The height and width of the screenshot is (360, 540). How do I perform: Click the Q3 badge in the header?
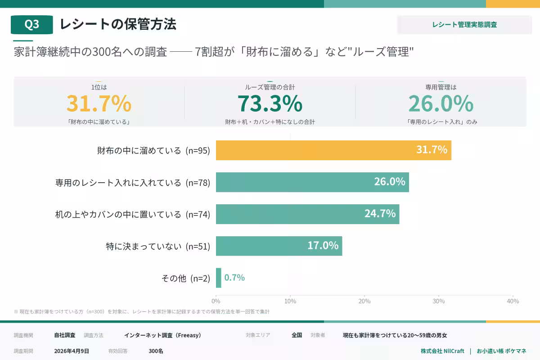31,25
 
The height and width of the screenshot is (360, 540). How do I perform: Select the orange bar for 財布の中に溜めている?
333,150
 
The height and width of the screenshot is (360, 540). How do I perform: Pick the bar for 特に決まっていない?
279,246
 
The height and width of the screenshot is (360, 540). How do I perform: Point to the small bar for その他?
219,278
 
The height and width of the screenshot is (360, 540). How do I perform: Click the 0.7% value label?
234,278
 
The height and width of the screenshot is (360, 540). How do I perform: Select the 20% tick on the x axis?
364,301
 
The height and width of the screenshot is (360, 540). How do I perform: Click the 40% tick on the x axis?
512,301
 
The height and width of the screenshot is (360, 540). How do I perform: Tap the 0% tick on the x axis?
216,301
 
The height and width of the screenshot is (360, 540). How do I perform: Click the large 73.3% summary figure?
270,103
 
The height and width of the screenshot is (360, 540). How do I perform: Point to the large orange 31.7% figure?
99,103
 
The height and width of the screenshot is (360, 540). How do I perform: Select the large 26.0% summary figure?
441,103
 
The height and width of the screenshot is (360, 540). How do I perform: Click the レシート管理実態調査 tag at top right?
464,25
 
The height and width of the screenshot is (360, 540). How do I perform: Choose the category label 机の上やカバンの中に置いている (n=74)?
133,215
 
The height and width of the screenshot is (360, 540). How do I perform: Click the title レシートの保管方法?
118,24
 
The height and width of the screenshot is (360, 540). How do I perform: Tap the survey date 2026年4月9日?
72,351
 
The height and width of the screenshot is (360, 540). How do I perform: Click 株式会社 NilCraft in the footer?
442,351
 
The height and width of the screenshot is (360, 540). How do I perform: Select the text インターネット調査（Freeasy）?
162,335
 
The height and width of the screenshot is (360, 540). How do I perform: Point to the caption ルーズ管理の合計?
270,87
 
